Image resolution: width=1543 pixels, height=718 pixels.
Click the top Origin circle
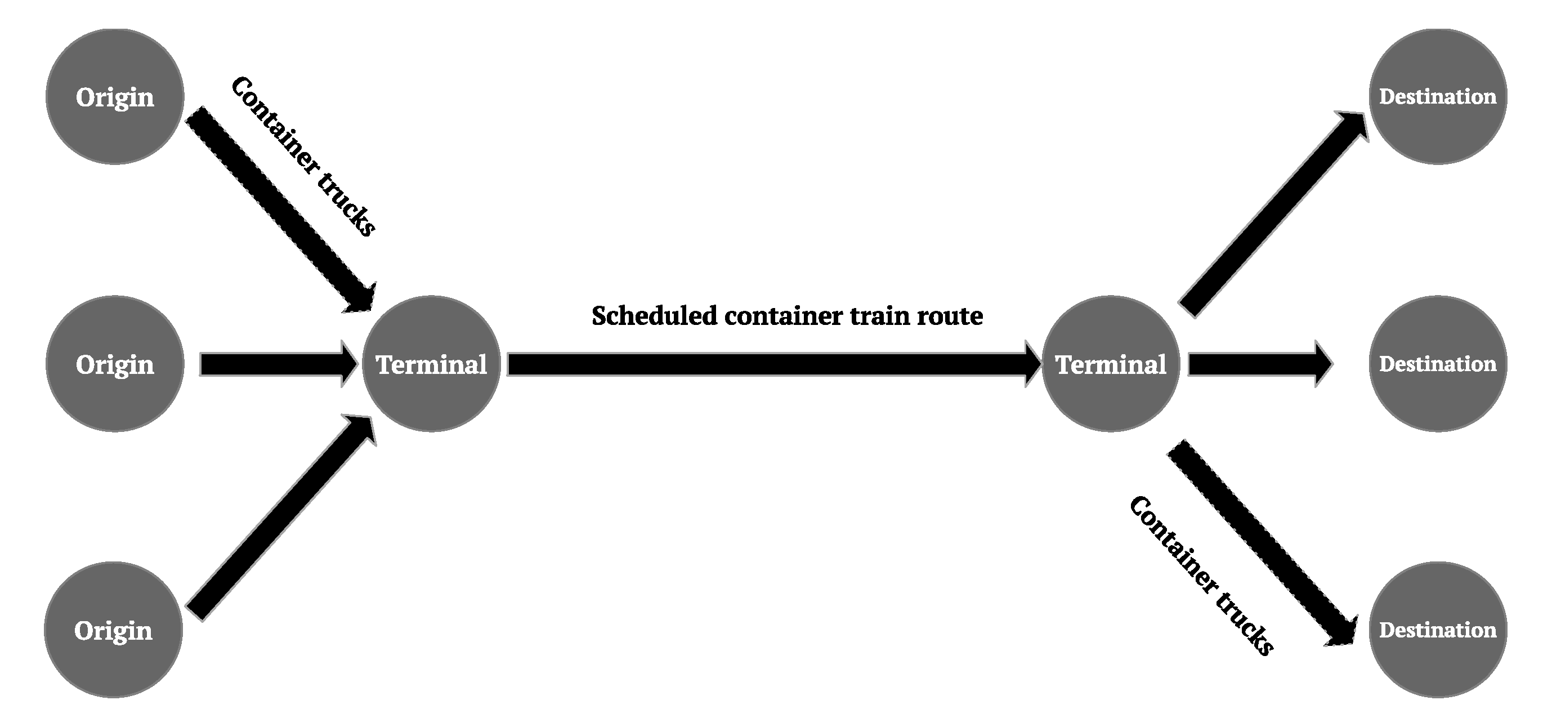(115, 96)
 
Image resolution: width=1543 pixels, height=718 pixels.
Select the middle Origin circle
(115, 364)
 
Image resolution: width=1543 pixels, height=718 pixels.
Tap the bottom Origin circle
(113, 630)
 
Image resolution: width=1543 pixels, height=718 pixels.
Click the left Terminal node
(431, 364)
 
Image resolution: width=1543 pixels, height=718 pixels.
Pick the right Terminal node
(1111, 364)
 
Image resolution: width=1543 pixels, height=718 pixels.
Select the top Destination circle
(1438, 96)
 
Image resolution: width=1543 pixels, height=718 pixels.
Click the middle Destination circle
(1438, 364)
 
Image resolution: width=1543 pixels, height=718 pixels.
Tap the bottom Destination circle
(1438, 630)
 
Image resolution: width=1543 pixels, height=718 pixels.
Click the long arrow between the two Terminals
(773, 364)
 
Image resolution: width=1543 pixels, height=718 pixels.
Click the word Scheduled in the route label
(654, 316)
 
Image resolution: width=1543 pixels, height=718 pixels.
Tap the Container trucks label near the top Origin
(303, 156)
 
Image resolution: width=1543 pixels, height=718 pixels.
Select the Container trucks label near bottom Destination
(1201, 576)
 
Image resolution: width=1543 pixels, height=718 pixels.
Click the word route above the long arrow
(950, 316)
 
